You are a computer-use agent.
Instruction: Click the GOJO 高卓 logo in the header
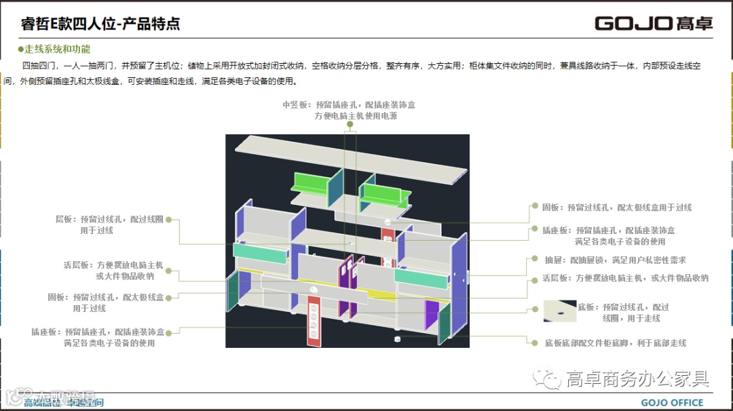coord(654,24)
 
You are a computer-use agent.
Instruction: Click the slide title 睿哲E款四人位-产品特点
coord(100,24)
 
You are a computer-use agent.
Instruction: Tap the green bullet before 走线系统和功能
coord(20,50)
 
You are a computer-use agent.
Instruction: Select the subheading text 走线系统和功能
coord(57,50)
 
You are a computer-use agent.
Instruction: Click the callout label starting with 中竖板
coord(349,110)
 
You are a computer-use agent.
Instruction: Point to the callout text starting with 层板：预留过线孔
coord(109,224)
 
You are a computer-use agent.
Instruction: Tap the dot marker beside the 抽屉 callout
coord(531,260)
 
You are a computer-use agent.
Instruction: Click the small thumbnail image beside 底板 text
coord(559,311)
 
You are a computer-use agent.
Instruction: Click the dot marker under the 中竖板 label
coord(350,124)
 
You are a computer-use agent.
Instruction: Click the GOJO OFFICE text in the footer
coord(672,403)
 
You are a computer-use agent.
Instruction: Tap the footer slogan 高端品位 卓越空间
coord(64,403)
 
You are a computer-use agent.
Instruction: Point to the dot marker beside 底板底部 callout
coord(531,343)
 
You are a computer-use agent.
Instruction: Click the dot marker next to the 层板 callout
coord(168,220)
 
